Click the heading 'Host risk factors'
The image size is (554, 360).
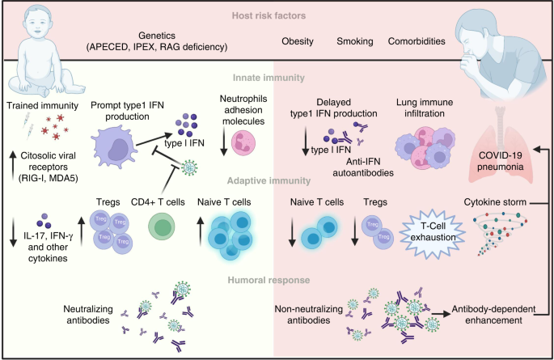click(x=277, y=15)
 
